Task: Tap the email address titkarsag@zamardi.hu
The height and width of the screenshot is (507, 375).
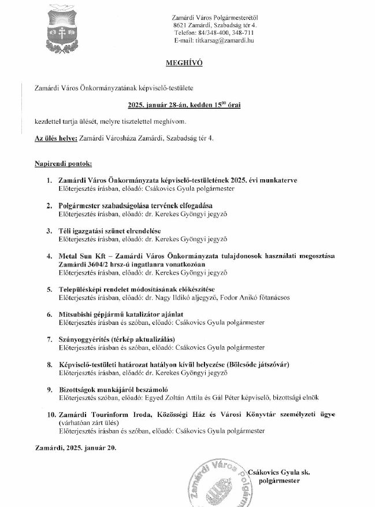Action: [x=225, y=40]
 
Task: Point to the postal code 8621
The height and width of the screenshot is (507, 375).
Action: [x=180, y=25]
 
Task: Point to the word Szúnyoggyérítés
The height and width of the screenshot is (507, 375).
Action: [x=88, y=339]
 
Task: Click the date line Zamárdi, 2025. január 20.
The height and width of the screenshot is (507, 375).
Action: [x=75, y=447]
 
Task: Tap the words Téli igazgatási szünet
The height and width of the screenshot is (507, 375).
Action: [x=96, y=231]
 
